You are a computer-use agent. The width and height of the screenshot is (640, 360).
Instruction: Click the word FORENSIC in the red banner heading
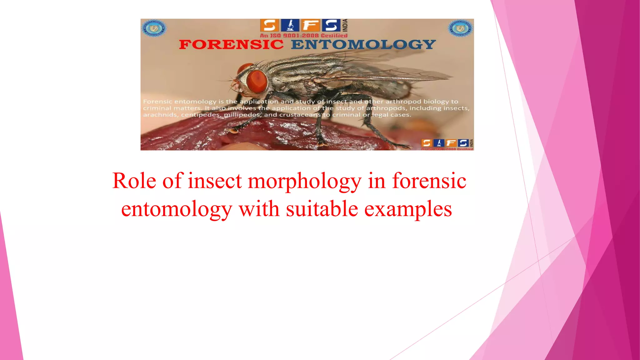pos(231,45)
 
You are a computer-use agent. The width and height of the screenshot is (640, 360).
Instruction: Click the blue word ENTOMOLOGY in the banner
pos(363,45)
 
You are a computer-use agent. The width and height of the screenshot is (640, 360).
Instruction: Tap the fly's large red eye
pos(257,81)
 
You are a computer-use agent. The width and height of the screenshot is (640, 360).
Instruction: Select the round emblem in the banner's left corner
pos(154,28)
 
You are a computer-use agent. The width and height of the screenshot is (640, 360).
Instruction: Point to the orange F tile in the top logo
pos(311,25)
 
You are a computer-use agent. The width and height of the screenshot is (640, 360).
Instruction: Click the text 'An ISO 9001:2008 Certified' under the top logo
pos(304,36)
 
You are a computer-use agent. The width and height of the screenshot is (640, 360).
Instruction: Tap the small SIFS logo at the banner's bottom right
pos(447,143)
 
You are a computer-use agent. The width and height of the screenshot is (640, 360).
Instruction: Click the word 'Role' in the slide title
pos(134,181)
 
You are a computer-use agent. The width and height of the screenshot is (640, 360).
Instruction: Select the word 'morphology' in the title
pos(304,182)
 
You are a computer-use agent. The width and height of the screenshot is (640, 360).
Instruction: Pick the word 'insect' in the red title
pos(215,181)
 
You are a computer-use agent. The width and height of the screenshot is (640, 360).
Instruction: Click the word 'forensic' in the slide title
pos(429,181)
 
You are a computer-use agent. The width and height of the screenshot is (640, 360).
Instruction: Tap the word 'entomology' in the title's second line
pos(177,209)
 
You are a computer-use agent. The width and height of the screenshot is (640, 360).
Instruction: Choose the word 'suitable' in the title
pos(322,209)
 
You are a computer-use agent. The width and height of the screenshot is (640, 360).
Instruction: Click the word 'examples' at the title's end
pos(408,209)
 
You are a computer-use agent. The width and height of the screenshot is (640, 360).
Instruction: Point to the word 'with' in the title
pos(259,209)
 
